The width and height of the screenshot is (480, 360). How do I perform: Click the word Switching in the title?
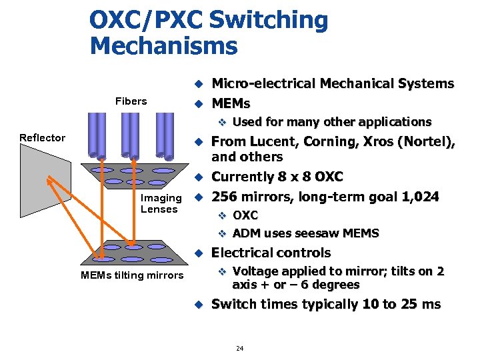click(268, 21)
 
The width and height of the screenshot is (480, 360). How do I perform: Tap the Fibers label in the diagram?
click(131, 101)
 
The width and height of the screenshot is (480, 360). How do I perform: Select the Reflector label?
click(42, 138)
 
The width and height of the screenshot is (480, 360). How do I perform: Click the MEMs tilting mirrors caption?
click(131, 275)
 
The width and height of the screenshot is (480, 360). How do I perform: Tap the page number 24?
click(240, 348)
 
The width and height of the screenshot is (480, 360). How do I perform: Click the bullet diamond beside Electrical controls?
click(197, 253)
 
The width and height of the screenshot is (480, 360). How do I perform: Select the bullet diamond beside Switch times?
click(197, 305)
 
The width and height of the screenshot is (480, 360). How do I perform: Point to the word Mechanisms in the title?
click(163, 46)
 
